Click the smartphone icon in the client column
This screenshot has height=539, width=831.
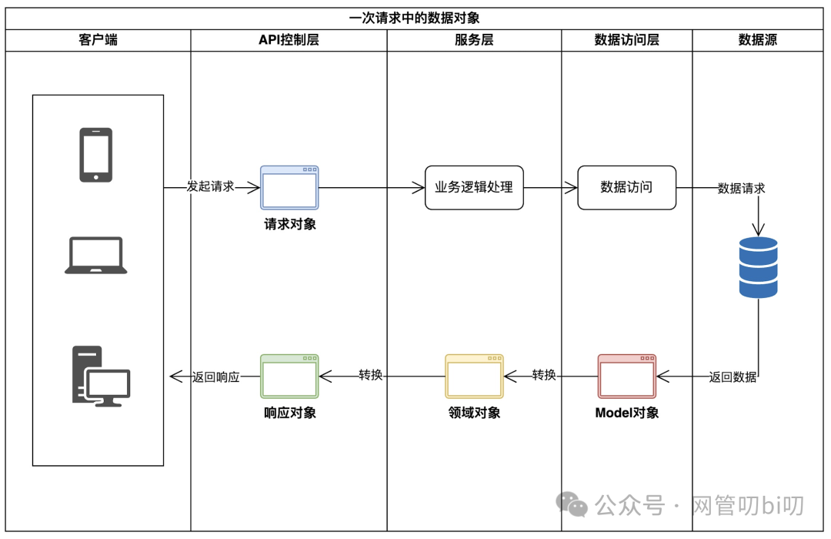[95, 155]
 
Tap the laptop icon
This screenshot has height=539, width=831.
[95, 256]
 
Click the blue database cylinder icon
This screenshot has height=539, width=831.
[758, 267]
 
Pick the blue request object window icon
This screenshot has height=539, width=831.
[289, 187]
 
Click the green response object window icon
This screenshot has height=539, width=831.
[289, 376]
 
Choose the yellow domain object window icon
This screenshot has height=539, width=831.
[474, 376]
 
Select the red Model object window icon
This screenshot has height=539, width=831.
[627, 376]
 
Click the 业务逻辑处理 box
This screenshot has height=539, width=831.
[474, 187]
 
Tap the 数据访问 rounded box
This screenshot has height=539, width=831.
[626, 187]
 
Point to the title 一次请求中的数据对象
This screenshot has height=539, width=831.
[415, 18]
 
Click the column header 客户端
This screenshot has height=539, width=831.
[98, 40]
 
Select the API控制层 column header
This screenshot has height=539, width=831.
[289, 40]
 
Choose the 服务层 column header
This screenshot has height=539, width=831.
[474, 40]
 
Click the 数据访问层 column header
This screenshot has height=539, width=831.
[626, 40]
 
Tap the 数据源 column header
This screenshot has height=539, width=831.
[758, 40]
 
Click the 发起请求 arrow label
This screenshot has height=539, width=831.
[211, 187]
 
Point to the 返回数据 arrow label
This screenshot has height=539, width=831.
[733, 377]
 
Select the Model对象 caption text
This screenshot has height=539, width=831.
[627, 413]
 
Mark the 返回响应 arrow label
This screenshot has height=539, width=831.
[216, 377]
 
